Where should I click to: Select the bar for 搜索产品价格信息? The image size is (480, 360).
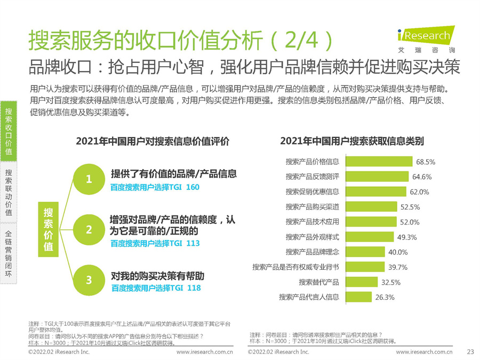pyautogui.click(x=379, y=162)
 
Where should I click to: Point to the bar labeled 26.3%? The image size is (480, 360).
pyautogui.click(x=358, y=297)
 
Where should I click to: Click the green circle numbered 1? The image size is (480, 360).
pyautogui.click(x=89, y=179)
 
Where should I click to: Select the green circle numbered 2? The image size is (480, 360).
pyautogui.click(x=89, y=230)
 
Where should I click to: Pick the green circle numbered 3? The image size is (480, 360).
pyautogui.click(x=89, y=280)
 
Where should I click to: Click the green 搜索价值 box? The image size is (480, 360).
pyautogui.click(x=48, y=230)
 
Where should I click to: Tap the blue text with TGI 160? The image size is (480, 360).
pyautogui.click(x=155, y=187)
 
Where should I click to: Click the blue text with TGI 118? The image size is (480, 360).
pyautogui.click(x=156, y=288)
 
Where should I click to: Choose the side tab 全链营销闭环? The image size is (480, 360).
pyautogui.click(x=9, y=254)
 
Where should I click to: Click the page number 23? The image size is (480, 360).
pyautogui.click(x=470, y=352)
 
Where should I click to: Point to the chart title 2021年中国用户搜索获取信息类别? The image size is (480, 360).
pyautogui.click(x=352, y=141)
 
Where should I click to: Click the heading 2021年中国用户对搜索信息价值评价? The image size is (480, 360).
pyautogui.click(x=153, y=141)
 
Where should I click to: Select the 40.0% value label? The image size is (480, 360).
pyautogui.click(x=398, y=252)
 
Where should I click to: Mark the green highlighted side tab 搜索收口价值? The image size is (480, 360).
pyautogui.click(x=9, y=131)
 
